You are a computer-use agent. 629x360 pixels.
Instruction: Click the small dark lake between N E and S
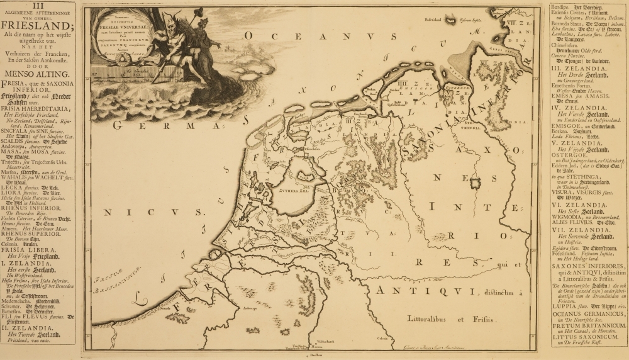pos(476,183)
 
